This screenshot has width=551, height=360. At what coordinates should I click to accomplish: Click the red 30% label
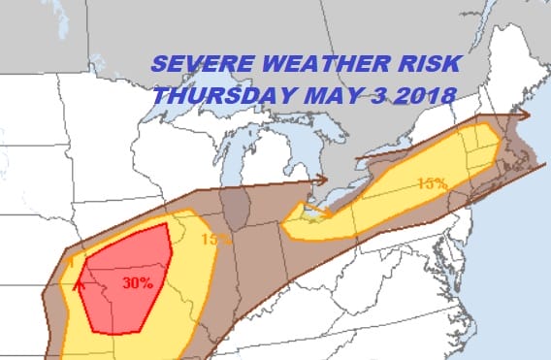(138, 283)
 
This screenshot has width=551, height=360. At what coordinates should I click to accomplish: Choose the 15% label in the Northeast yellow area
(433, 182)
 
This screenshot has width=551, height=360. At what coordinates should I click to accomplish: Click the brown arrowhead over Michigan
(320, 180)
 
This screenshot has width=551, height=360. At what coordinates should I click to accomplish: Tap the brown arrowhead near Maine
(523, 114)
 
